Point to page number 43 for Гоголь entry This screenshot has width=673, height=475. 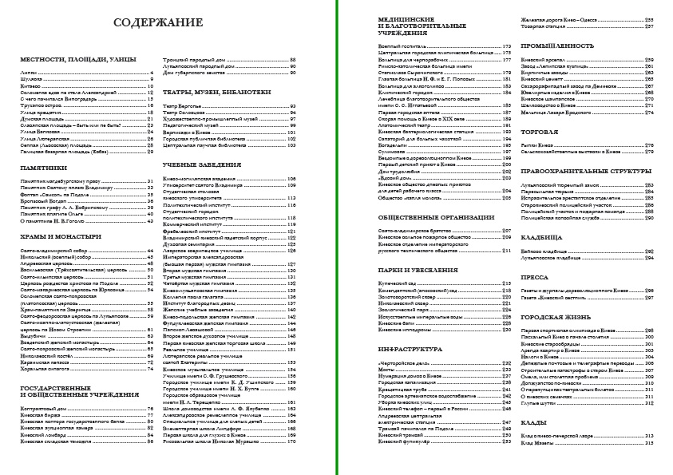[x=149, y=221]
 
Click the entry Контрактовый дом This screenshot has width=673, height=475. [x=44, y=409]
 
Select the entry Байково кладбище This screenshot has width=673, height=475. [x=546, y=251]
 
